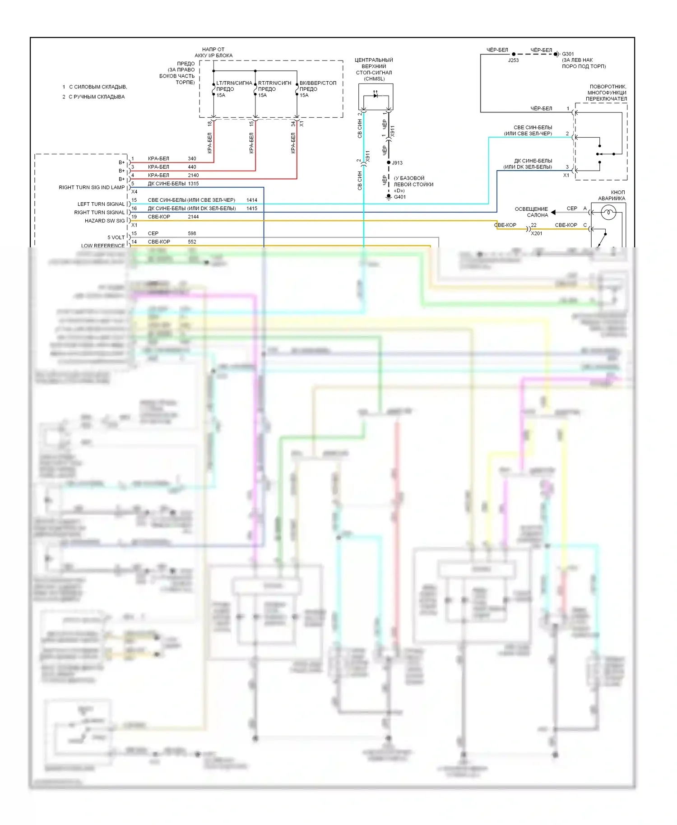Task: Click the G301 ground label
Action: pos(568,54)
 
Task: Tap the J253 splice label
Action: pos(513,60)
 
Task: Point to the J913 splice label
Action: pos(397,163)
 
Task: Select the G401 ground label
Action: pos(400,197)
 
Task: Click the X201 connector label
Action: pos(537,233)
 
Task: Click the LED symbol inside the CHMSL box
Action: pos(376,95)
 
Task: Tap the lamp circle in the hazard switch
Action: pos(608,212)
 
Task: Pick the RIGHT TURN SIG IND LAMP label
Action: pos(92,187)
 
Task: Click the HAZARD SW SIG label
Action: pos(105,221)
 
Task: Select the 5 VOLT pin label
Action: pos(116,237)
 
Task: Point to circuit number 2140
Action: pos(193,175)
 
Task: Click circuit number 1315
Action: pos(193,184)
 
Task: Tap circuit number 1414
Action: pos(252,200)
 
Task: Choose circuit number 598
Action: pos(192,233)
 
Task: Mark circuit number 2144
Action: pos(193,217)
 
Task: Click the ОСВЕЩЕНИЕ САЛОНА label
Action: pos(532,212)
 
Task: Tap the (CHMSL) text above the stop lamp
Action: pos(374,79)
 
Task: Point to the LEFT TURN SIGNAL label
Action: pos(101,204)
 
